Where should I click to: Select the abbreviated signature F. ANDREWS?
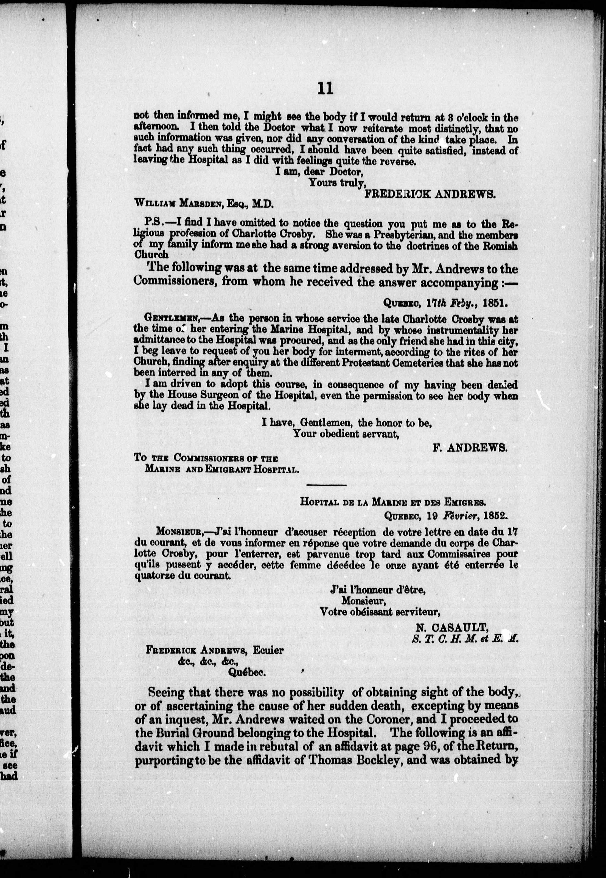point(470,448)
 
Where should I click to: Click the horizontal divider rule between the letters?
point(326,485)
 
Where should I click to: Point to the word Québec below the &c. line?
point(246,672)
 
